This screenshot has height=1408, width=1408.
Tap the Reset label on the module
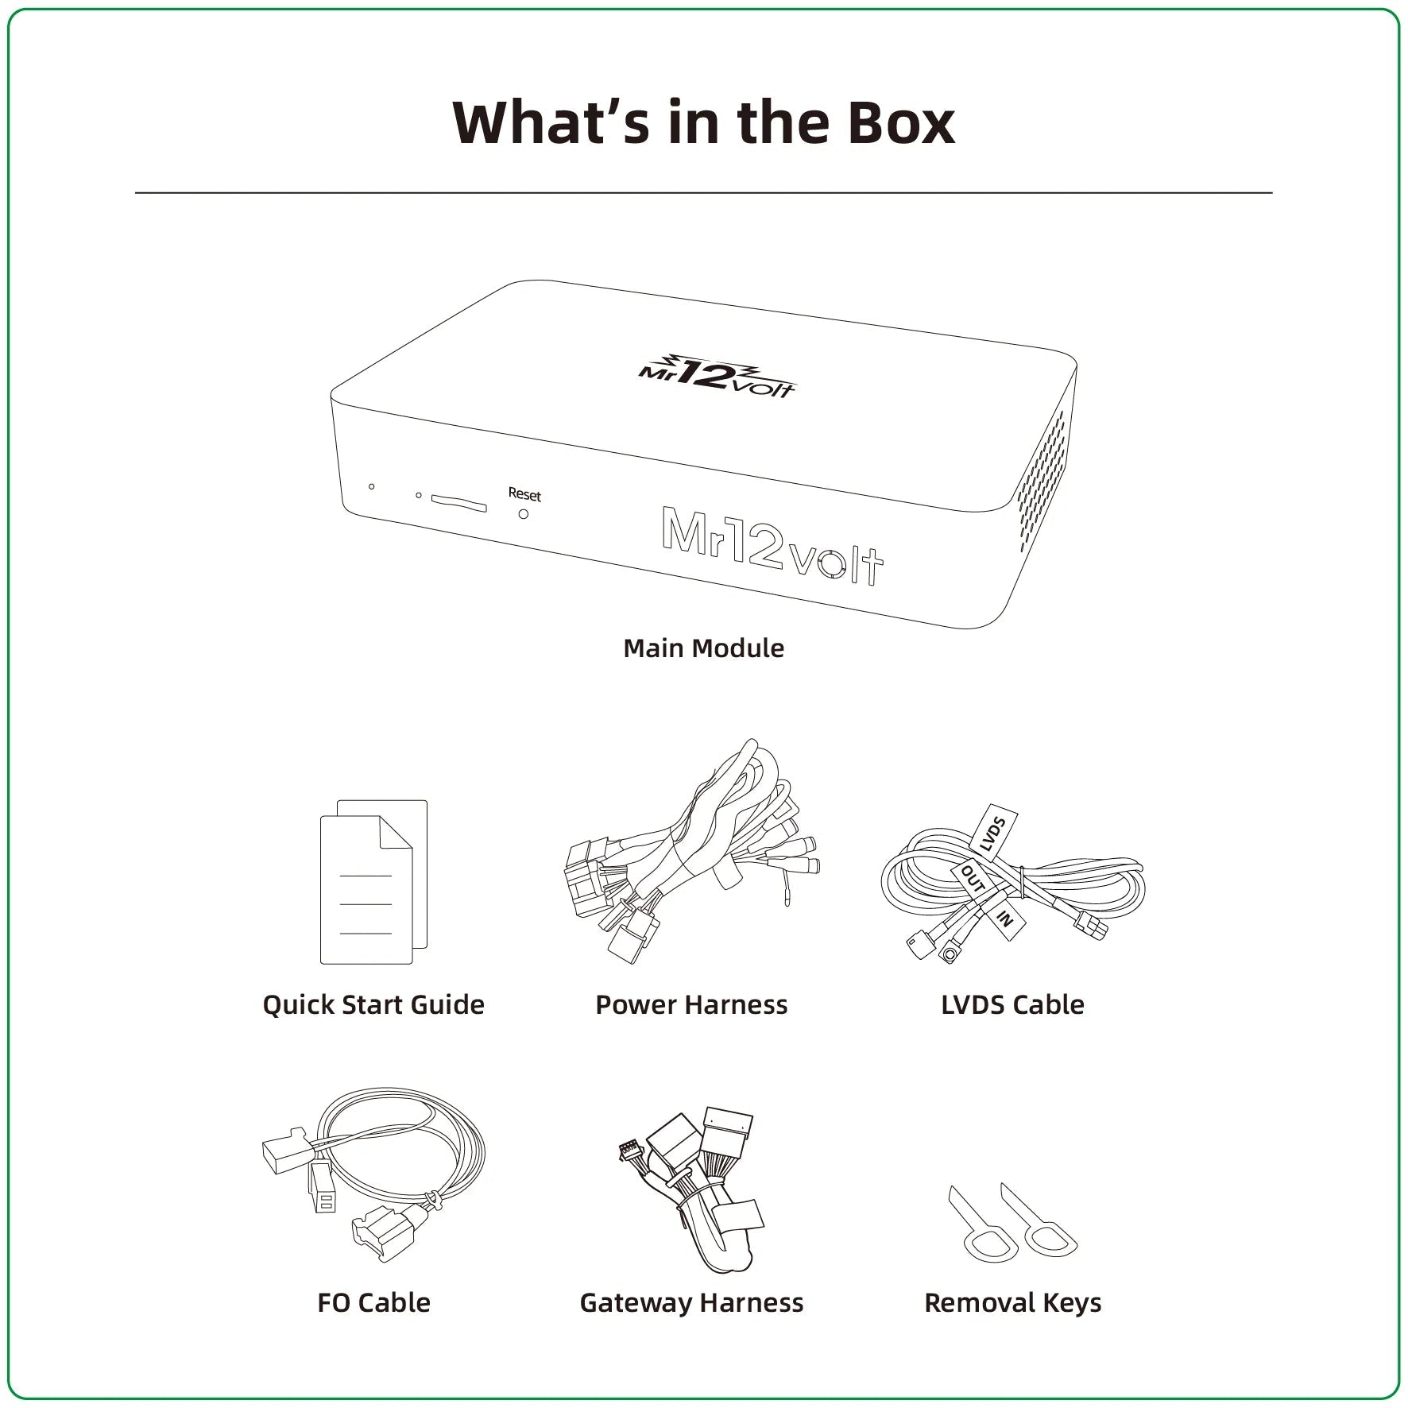click(524, 494)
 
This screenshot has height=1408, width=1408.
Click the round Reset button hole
click(523, 514)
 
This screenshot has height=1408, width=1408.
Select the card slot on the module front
click(458, 501)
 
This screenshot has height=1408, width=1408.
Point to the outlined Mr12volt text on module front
click(772, 546)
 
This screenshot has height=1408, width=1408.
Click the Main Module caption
click(703, 648)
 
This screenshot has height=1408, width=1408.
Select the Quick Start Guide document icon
click(373, 881)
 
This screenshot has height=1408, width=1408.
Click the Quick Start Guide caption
click(373, 1004)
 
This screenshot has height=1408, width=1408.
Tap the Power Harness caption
click(691, 1004)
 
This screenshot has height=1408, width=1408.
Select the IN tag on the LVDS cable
click(1004, 918)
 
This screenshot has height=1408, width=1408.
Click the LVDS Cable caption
click(1012, 1004)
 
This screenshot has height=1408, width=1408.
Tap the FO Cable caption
click(373, 1302)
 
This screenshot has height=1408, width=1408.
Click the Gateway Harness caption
click(691, 1303)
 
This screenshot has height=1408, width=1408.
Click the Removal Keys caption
click(1013, 1303)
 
